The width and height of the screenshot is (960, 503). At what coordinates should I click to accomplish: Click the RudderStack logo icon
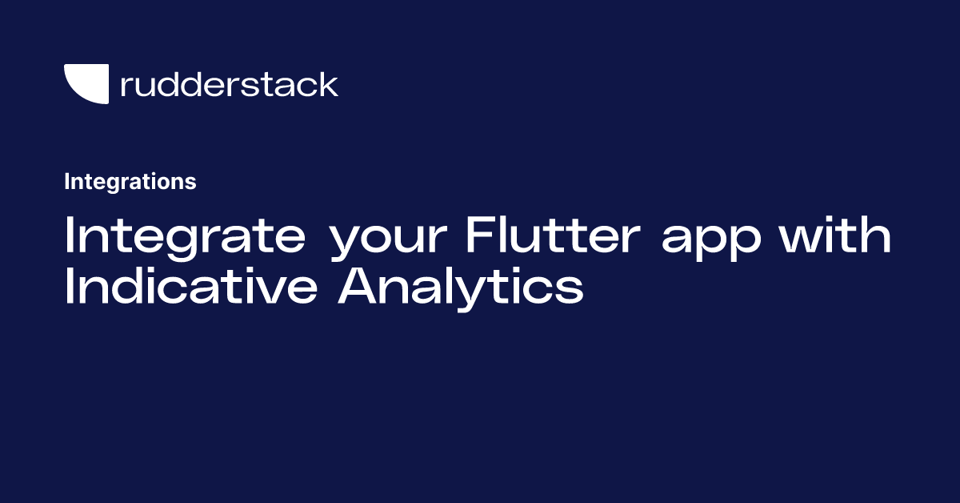[86, 84]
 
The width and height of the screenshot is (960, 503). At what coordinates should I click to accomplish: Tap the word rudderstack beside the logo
[229, 84]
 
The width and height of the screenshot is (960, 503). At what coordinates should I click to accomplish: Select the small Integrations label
[130, 182]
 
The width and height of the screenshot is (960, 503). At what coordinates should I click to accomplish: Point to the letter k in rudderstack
[328, 84]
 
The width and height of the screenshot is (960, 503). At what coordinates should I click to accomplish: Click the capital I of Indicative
[69, 286]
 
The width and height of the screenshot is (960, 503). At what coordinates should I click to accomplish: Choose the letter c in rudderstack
[308, 87]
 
